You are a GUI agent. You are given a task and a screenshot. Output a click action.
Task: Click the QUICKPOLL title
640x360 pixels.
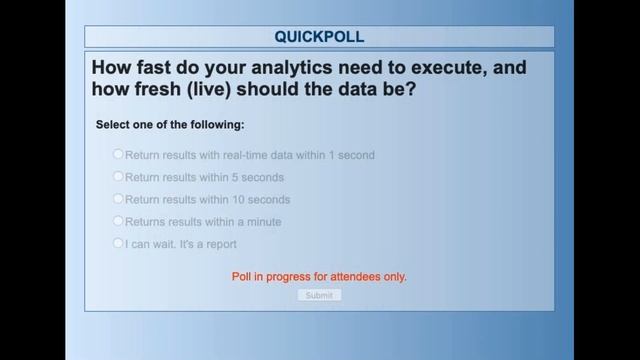319,37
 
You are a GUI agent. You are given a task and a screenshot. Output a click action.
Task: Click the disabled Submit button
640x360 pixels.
319,295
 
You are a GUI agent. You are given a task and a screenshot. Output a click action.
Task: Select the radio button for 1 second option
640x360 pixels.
118,154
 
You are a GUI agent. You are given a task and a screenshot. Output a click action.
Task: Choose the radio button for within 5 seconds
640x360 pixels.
118,176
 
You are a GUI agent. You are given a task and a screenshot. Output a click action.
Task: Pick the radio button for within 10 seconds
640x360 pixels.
118,199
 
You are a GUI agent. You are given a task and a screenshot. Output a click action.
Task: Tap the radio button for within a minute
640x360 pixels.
118,221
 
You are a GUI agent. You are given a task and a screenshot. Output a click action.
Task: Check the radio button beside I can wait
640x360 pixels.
118,243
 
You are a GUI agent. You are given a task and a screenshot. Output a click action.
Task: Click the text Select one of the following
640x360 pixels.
169,125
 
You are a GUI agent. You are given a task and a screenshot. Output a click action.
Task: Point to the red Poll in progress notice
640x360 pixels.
319,276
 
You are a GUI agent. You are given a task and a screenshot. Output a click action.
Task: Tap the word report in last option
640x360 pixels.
219,244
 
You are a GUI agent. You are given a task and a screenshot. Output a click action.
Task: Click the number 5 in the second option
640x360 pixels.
234,177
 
